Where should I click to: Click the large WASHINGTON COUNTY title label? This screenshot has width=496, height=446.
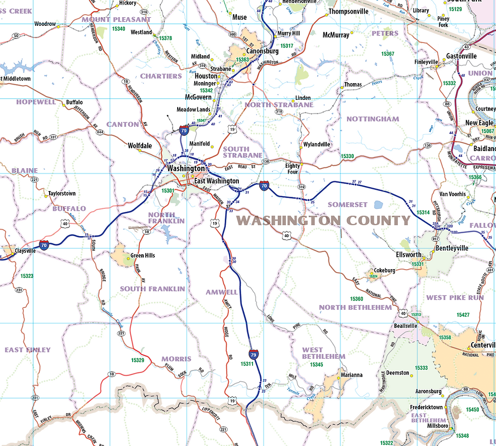(323, 220)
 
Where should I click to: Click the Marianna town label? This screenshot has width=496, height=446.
(351, 375)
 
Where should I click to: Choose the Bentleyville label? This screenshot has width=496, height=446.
(452, 248)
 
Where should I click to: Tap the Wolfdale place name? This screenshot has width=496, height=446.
(140, 145)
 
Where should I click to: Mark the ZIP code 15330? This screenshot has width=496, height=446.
(348, 157)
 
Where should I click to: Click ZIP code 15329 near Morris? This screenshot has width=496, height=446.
(138, 360)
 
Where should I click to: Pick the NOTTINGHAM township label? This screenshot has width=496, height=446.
(373, 119)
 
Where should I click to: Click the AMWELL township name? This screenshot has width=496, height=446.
(221, 292)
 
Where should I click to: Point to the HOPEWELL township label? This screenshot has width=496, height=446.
(36, 102)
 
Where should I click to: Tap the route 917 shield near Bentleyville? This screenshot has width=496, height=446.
(435, 238)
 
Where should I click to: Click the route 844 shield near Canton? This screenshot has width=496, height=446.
(100, 132)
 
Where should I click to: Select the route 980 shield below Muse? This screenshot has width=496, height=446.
(232, 34)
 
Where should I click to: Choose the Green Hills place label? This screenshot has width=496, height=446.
(143, 255)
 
